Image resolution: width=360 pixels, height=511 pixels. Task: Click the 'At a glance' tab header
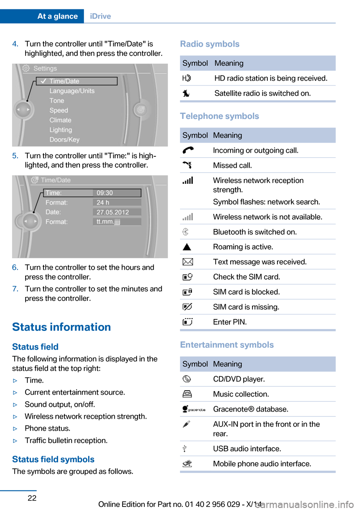57,16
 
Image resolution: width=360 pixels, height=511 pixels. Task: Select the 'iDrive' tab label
100,16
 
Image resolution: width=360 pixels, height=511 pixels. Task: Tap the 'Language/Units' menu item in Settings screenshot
72,91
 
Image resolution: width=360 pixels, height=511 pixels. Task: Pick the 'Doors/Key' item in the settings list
64,140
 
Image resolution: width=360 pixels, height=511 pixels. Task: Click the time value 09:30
105,193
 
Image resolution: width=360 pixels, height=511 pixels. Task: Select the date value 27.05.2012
112,212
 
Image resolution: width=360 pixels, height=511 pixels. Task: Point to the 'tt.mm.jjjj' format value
108,222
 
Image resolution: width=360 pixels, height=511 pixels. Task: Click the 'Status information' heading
61,327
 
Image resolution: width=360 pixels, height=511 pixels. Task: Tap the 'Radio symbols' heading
210,44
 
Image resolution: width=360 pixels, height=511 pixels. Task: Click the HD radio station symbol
186,78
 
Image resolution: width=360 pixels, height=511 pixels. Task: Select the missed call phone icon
187,165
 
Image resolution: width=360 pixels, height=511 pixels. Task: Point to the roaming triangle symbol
187,247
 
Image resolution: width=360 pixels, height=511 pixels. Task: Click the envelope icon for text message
187,262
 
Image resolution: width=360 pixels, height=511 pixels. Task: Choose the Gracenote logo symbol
193,409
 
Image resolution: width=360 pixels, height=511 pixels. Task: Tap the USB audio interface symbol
184,448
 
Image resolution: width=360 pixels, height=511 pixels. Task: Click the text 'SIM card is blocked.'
246,292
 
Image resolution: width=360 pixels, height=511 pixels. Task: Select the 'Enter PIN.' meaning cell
230,322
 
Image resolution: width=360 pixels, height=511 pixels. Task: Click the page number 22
32,498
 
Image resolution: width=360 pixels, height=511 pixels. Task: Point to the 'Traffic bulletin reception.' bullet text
66,440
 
